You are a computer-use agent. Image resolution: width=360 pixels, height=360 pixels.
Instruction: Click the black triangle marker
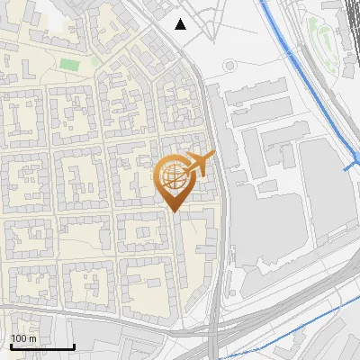181,24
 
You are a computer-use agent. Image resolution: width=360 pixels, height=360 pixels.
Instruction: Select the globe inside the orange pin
172,175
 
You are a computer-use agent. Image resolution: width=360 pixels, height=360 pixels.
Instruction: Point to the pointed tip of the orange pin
174,211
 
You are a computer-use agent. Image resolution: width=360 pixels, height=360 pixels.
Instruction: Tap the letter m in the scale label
33,338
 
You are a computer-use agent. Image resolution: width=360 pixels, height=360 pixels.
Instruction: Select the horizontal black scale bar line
42,346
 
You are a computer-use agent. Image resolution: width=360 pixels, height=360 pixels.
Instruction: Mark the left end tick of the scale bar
11,345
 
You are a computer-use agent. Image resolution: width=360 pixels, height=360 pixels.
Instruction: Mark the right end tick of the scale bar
74,345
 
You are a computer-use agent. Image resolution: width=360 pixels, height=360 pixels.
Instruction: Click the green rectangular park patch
69,65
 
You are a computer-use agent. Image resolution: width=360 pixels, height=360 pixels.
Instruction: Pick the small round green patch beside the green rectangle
94,61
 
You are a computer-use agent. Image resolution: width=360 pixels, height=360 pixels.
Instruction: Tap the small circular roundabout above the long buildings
229,66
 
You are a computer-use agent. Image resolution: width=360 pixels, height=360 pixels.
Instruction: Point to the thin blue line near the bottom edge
297,337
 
